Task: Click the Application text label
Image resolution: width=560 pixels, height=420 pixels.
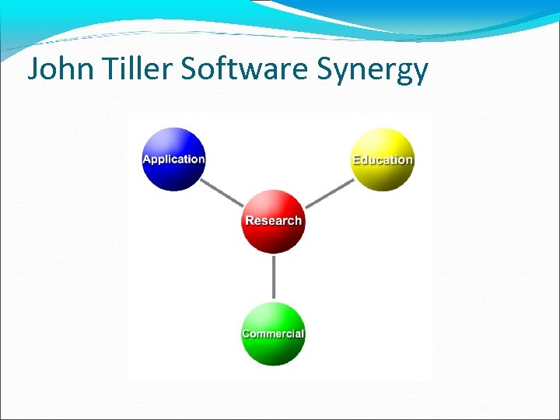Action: coord(173,159)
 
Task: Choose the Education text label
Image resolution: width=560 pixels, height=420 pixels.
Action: coord(383,159)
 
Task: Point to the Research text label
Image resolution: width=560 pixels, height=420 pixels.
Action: coord(273,220)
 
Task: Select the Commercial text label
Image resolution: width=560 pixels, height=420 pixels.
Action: coord(273,334)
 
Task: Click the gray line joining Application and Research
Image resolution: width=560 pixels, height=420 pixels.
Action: coord(222,191)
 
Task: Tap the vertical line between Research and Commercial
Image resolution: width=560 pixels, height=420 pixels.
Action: coord(273,277)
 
